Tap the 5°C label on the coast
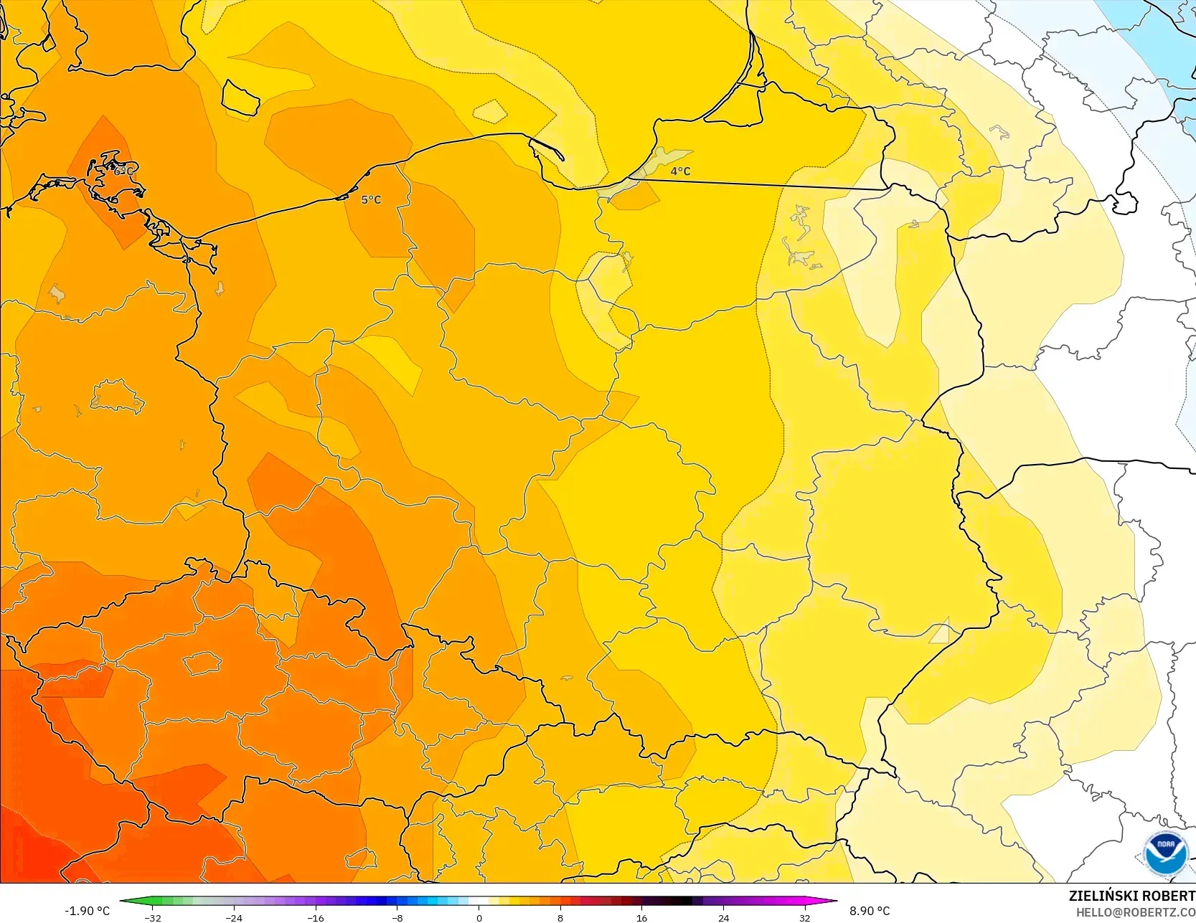[371, 200]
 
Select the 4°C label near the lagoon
[680, 171]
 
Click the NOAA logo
[1166, 853]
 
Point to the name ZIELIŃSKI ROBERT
[1131, 896]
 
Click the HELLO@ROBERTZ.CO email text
[1135, 912]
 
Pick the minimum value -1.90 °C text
[87, 911]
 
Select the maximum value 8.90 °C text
[870, 911]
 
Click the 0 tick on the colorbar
[479, 917]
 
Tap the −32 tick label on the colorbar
[152, 917]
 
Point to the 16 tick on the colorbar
[641, 917]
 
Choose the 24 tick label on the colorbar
[723, 917]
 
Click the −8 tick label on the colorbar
[397, 917]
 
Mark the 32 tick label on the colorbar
[804, 917]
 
